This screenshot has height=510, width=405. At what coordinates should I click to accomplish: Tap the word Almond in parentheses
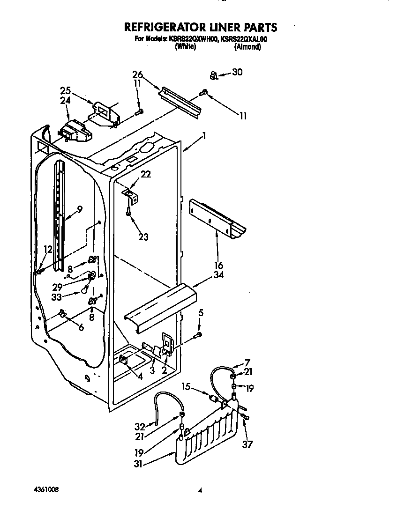(x=247, y=47)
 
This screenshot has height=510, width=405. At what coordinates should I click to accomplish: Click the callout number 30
(x=238, y=72)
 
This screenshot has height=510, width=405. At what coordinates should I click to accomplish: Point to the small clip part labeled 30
(x=214, y=75)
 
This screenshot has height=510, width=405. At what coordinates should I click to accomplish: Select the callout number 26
(x=137, y=74)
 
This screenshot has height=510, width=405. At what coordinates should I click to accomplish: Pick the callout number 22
(x=146, y=174)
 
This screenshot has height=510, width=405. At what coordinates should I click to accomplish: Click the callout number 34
(x=218, y=275)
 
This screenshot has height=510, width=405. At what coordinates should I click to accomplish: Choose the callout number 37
(x=247, y=444)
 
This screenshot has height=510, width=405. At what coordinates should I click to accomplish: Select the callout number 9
(x=80, y=210)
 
